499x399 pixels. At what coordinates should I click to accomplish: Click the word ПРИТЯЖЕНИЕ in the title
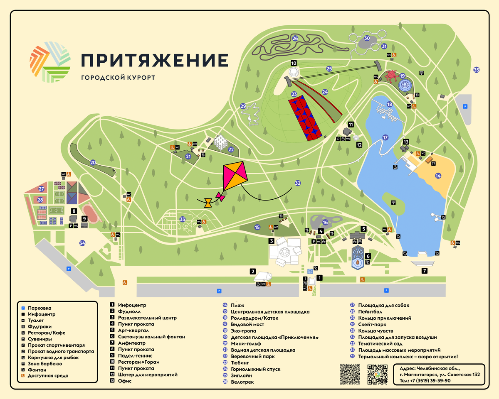pyautogui.click(x=155, y=61)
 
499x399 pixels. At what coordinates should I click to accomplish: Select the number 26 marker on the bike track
pyautogui.click(x=295, y=39)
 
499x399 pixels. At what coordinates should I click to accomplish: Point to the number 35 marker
pyautogui.click(x=477, y=70)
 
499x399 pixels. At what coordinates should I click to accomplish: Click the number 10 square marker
pyautogui.click(x=294, y=63)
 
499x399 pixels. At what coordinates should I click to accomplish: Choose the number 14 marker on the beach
pyautogui.click(x=438, y=176)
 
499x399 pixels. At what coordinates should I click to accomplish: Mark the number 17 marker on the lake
pyautogui.click(x=385, y=137)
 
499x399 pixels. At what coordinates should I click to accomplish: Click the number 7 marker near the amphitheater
pyautogui.click(x=425, y=271)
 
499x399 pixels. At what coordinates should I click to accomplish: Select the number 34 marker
pyautogui.click(x=82, y=243)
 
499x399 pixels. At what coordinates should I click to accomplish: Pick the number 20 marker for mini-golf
pyautogui.click(x=93, y=162)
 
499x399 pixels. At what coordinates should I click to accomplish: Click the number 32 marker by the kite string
pyautogui.click(x=297, y=183)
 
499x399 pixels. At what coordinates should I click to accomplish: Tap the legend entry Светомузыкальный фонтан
pyautogui.click(x=151, y=337)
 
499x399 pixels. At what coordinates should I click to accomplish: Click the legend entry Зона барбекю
pyautogui.click(x=45, y=364)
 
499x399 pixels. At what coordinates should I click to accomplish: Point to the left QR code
pyautogui.click(x=350, y=374)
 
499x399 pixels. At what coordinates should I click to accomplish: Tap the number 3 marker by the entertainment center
pyautogui.click(x=271, y=240)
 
